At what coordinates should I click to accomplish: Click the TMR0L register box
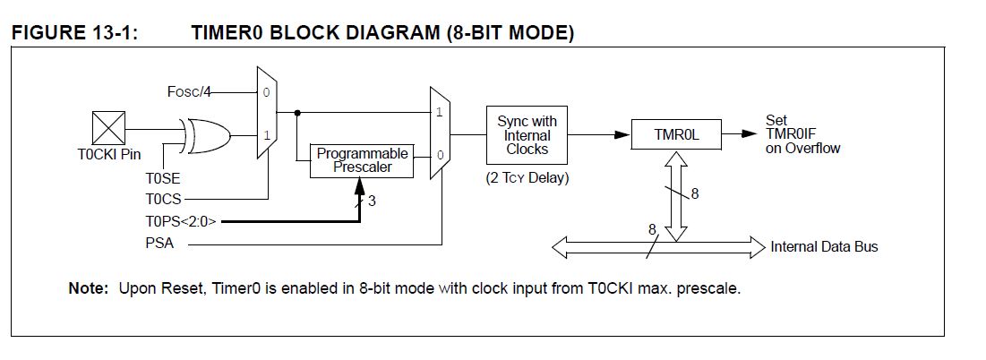[664, 135]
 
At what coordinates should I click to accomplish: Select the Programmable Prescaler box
[363, 160]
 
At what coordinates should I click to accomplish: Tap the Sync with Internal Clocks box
[527, 135]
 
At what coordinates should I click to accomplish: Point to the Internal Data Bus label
[824, 246]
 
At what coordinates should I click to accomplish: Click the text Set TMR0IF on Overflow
[802, 134]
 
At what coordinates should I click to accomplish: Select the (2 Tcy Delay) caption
[527, 177]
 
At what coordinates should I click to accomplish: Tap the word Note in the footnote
[89, 290]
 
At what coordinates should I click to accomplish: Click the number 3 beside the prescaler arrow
[372, 201]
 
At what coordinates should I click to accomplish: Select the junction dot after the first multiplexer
[296, 113]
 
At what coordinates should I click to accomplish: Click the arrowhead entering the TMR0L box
[623, 135]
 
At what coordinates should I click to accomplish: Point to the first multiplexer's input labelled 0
[265, 92]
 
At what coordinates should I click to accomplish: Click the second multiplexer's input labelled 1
[439, 113]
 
